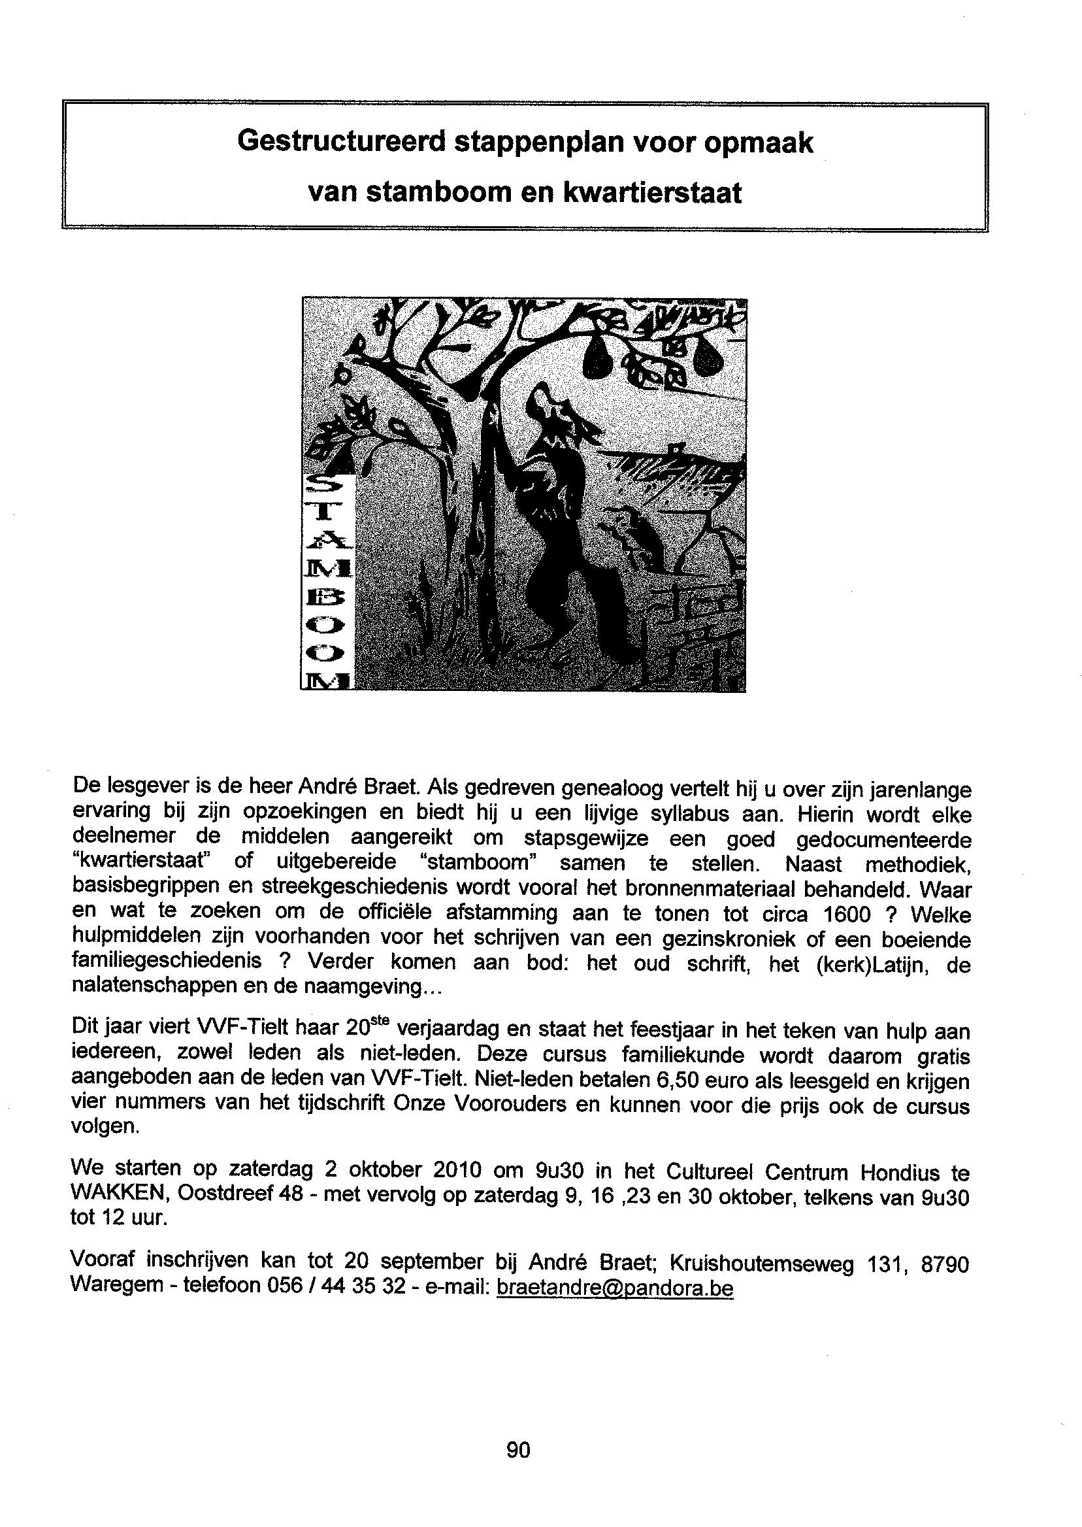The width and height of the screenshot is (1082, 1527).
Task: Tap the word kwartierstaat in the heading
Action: tap(651, 193)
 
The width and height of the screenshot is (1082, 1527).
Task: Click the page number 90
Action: tap(518, 1449)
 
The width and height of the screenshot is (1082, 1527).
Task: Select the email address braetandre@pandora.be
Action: tap(615, 1288)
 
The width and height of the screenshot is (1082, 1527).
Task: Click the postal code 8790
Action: tap(944, 1264)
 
